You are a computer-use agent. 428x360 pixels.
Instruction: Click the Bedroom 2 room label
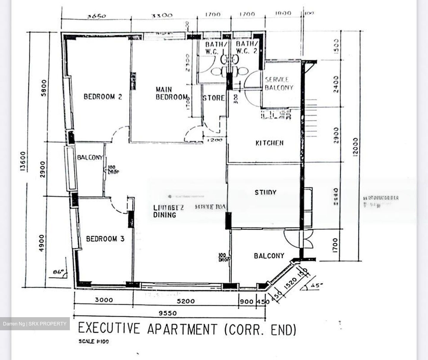coord(103,97)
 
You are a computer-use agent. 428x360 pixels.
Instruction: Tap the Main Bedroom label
coord(171,93)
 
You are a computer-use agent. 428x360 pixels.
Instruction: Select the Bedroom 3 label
coord(105,239)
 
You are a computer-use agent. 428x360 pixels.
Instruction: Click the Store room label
coord(214,98)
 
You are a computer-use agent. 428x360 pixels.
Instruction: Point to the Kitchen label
coord(269,143)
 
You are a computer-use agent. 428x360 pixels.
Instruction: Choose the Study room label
coord(265,192)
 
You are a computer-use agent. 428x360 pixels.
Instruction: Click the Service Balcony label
coord(279,84)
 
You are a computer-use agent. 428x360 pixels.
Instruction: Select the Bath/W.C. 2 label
coord(247,48)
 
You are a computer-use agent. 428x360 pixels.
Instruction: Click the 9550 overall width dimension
coord(167,313)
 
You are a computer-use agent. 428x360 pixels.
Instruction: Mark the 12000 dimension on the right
coord(355,146)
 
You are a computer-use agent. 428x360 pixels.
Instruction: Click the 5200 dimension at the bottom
coord(186,301)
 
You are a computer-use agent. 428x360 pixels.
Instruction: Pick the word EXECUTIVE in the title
coord(109,328)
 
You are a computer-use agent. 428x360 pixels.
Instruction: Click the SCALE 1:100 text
coord(94,342)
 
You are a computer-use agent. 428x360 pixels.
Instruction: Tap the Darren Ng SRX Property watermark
coord(35,324)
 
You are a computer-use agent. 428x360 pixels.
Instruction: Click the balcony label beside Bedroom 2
coord(90,157)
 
